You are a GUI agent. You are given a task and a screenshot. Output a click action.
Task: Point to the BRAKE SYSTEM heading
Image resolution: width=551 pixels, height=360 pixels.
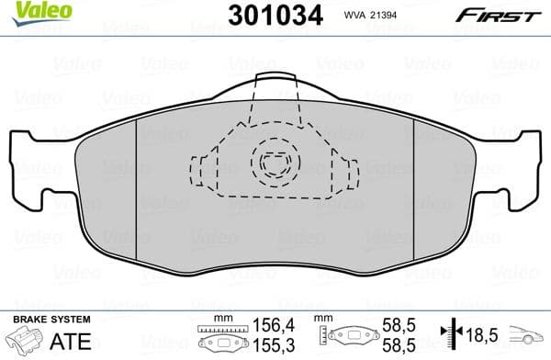click(x=51, y=319)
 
